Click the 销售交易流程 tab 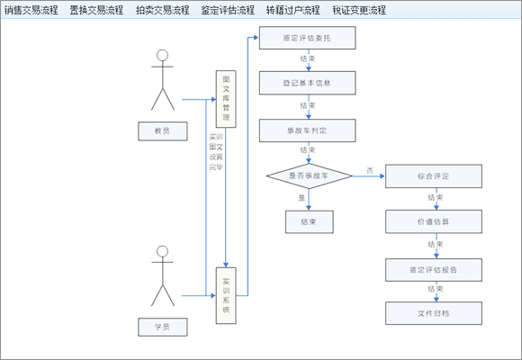pos(31,11)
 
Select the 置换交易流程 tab pos(96,11)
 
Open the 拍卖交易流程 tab pos(162,11)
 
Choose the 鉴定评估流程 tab pos(228,11)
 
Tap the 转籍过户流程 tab pos(293,11)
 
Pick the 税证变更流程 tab pos(359,11)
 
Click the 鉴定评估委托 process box pos(307,38)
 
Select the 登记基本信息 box pos(307,84)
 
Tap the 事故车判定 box pos(307,130)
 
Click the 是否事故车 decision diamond pos(309,176)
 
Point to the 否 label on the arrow pos(369,170)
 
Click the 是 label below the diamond pos(301,197)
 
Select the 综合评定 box pos(434,176)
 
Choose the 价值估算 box pos(434,221)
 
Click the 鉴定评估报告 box pos(434,268)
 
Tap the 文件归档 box pos(434,313)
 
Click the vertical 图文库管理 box pos(226,99)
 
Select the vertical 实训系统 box pos(226,295)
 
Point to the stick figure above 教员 pos(162,81)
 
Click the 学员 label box pos(162,324)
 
